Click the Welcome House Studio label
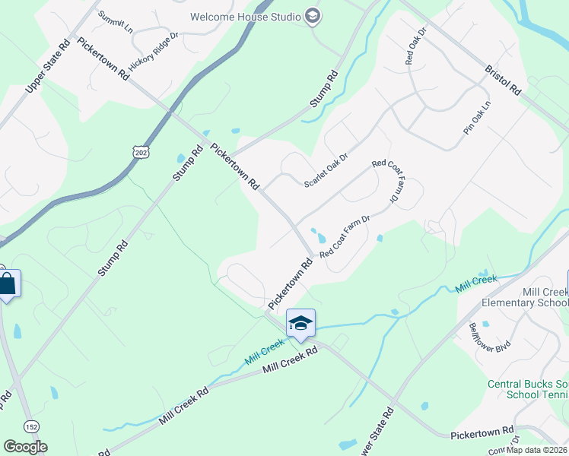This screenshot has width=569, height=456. click(246, 16)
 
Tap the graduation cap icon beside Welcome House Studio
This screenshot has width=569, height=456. click(312, 16)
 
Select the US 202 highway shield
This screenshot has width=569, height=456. click(141, 153)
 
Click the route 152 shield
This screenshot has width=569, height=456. click(31, 426)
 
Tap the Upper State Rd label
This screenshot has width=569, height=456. click(47, 65)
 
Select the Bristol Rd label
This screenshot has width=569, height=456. click(504, 78)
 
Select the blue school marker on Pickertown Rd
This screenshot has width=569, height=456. click(300, 323)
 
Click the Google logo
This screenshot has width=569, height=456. click(25, 447)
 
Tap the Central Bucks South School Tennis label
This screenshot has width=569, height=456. click(528, 389)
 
